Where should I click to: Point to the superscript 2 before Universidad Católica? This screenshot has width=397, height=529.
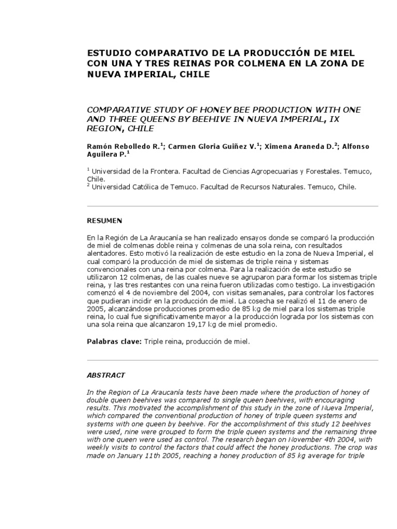point(88,185)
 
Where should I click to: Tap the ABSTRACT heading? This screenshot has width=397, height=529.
point(105,375)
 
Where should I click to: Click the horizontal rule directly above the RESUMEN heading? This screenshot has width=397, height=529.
point(232,206)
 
